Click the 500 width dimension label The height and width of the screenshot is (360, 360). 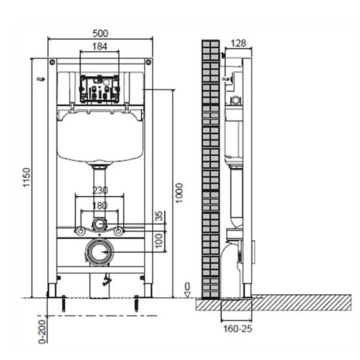click(x=100, y=33)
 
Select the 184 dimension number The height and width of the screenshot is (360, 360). click(x=99, y=47)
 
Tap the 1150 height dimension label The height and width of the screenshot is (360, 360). click(x=27, y=177)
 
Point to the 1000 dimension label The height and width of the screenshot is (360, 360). click(x=179, y=193)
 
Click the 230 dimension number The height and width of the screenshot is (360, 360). click(x=100, y=190)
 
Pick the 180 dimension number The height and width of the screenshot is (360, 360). click(x=100, y=206)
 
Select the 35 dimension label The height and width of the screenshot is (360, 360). click(x=159, y=216)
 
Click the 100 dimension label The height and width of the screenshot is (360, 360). click(x=159, y=241)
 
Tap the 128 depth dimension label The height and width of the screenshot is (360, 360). click(x=238, y=43)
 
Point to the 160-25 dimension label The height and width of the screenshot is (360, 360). click(x=238, y=329)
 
